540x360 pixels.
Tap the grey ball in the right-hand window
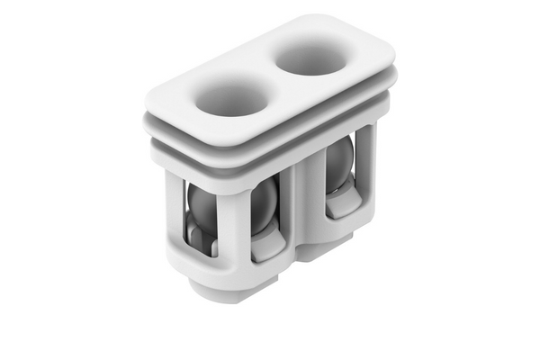coord(339,168)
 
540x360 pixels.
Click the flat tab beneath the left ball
coord(266,247)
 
